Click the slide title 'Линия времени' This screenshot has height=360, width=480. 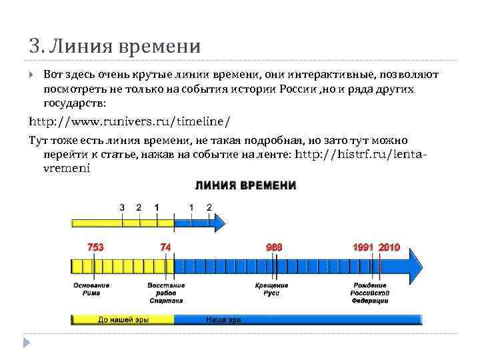[114, 46]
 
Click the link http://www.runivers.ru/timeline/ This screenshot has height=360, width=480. [130, 122]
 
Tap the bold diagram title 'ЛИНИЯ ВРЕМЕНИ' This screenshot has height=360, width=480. [245, 185]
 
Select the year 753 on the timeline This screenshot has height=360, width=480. [95, 247]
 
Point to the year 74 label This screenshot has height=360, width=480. [165, 247]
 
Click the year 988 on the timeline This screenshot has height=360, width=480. [275, 247]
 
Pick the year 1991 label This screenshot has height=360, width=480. [364, 247]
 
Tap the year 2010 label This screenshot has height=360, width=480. [389, 247]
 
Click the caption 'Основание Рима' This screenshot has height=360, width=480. [91, 289]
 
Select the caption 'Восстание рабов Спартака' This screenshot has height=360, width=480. [166, 293]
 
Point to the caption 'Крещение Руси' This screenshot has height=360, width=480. [271, 289]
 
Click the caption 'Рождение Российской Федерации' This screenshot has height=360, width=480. [371, 293]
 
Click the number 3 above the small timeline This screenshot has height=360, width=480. [121, 207]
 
